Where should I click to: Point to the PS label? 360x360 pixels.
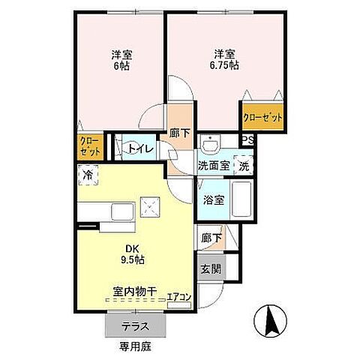pos(247,139)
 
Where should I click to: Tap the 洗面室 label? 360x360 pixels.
pos(214,164)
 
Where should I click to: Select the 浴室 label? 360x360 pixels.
pos(214,200)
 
